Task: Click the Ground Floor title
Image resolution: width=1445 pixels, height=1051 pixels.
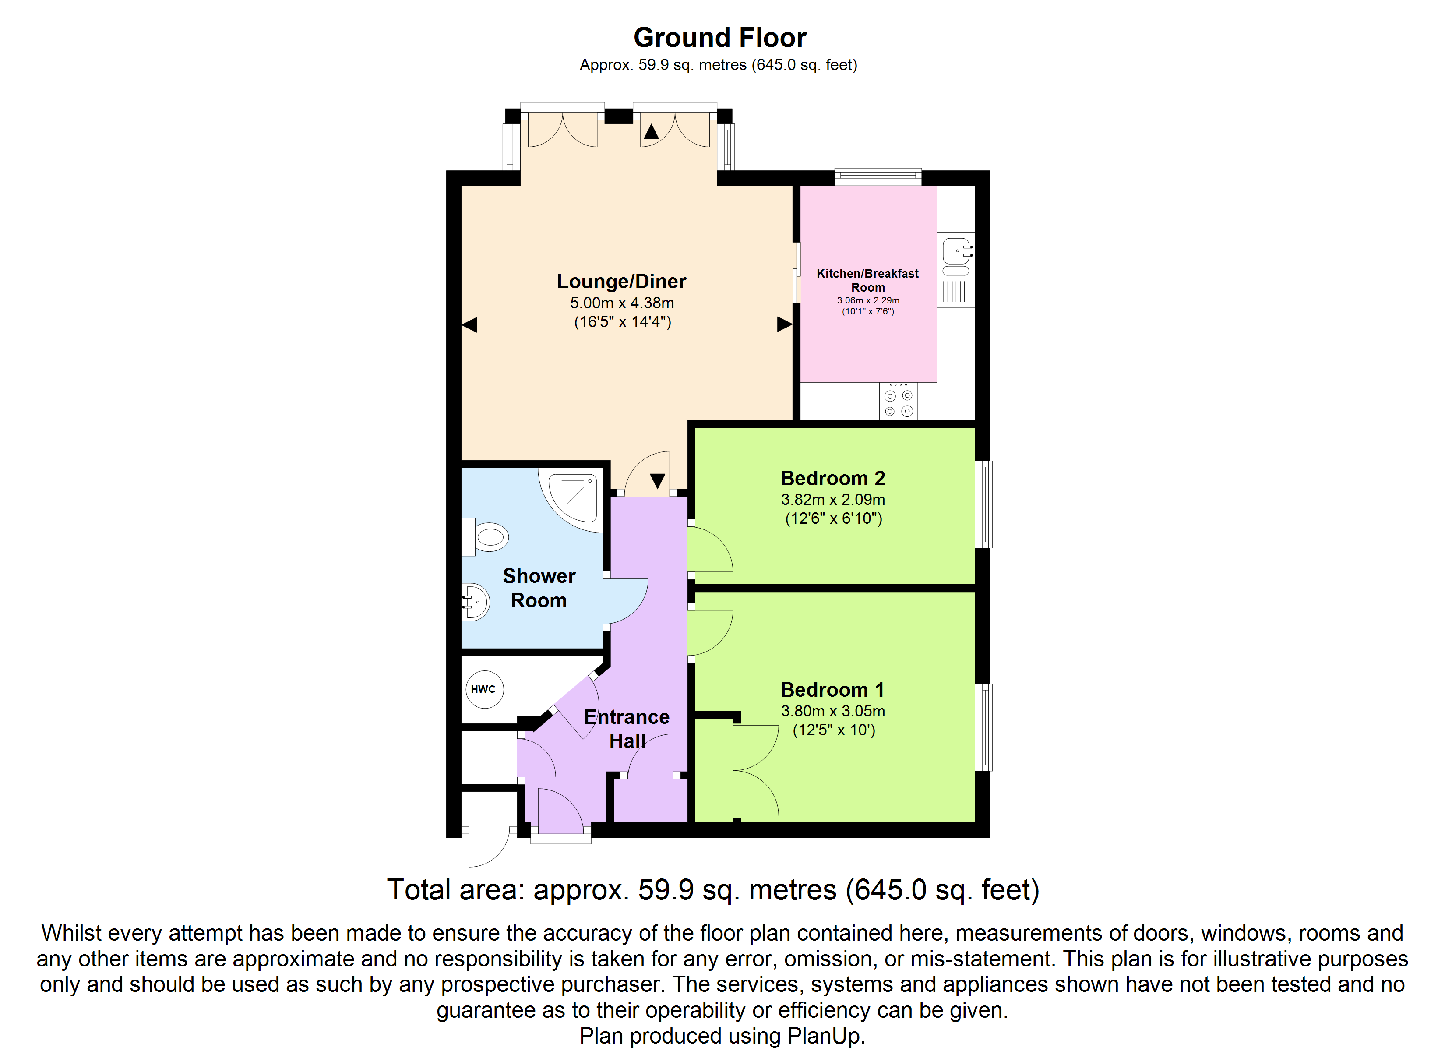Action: coord(719,38)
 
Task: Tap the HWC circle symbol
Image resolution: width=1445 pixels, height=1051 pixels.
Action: coord(483,689)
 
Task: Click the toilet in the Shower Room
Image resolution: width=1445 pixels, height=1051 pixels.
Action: coord(486,536)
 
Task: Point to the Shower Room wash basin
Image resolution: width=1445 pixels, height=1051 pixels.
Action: coord(475,602)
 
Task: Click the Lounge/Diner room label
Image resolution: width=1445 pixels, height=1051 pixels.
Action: coord(621,281)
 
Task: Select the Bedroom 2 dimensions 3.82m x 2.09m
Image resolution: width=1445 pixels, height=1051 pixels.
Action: coord(833,500)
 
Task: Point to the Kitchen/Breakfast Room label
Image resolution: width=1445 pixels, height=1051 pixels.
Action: coord(868,280)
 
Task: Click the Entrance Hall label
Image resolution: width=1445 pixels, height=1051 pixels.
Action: coord(627,729)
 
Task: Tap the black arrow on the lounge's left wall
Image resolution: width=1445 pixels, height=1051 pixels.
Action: coord(469,325)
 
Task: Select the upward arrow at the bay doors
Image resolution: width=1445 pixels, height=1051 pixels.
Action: coord(651,131)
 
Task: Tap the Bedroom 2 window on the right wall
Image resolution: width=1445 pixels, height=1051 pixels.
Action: coord(984,504)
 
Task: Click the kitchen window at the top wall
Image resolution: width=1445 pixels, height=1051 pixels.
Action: coord(878,176)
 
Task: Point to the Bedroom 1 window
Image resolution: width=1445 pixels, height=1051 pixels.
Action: coord(984,727)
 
